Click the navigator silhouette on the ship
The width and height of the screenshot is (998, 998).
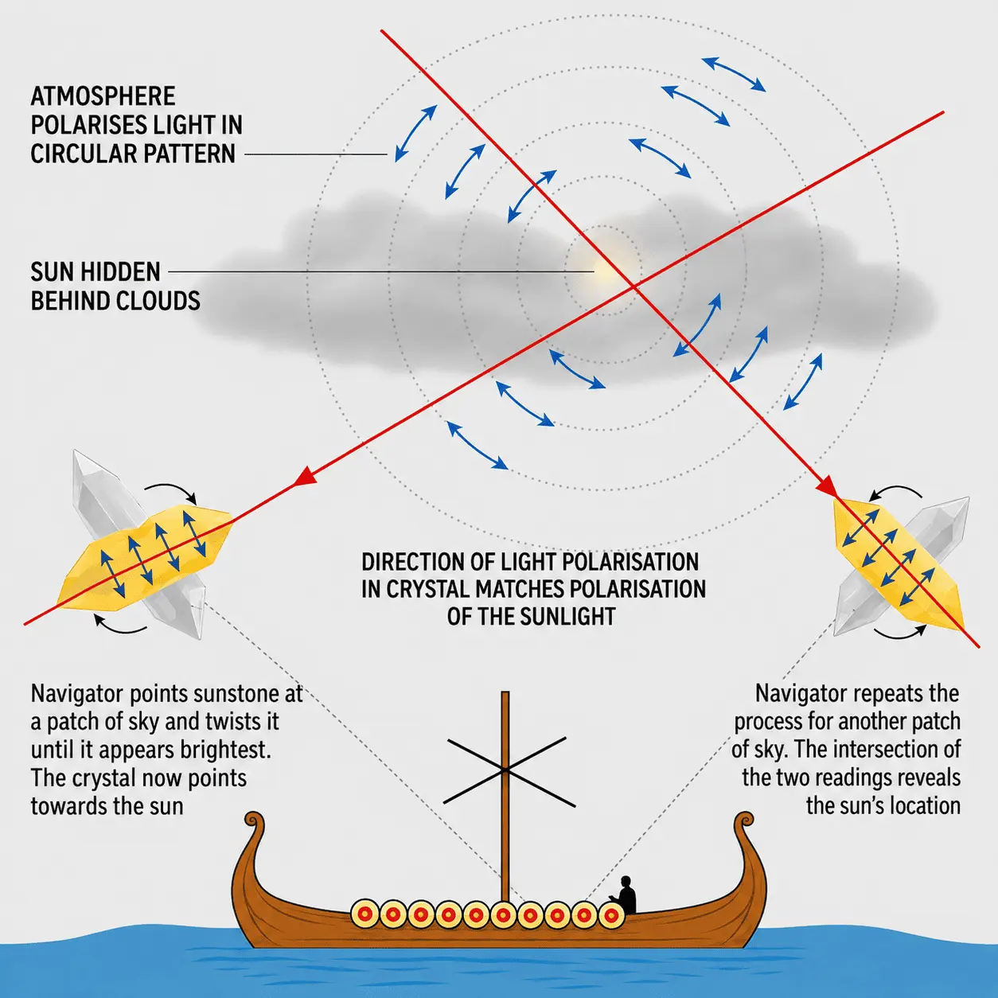(x=625, y=895)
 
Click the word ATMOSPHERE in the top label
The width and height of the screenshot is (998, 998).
(x=103, y=96)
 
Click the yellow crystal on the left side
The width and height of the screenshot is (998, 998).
(x=145, y=553)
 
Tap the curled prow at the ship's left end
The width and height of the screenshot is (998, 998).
(x=255, y=824)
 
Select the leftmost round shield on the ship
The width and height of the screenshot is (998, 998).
(x=365, y=914)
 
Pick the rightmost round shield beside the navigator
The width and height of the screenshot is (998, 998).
(x=611, y=915)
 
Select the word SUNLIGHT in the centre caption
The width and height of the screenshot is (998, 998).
(x=567, y=617)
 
